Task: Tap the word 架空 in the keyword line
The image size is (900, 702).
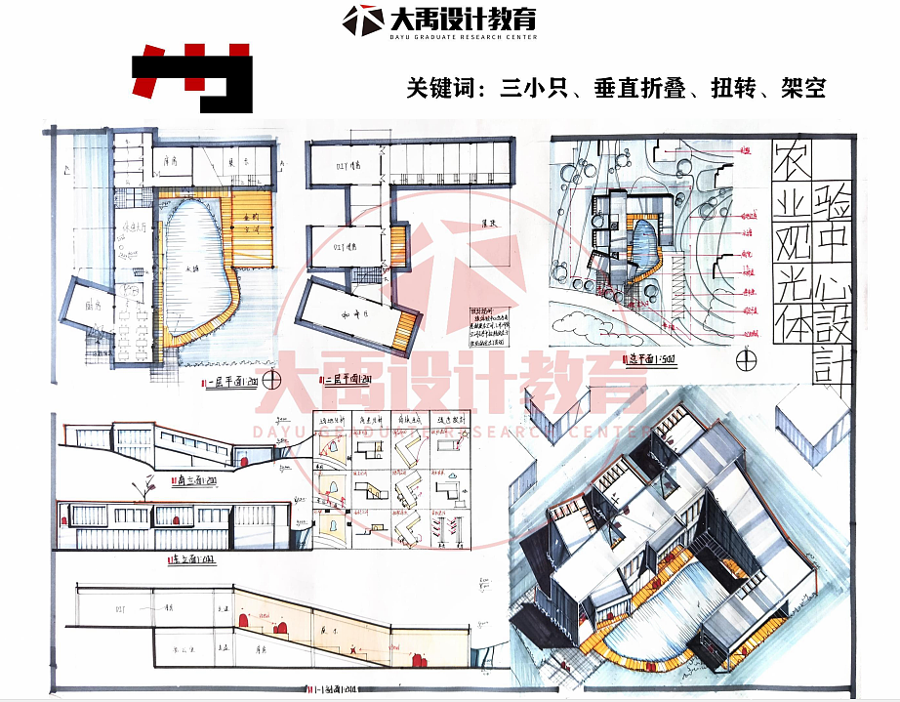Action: click(x=803, y=89)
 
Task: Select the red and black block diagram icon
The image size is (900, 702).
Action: click(x=192, y=77)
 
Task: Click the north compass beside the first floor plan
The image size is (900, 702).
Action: click(x=276, y=377)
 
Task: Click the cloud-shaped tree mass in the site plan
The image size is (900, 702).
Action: click(x=586, y=321)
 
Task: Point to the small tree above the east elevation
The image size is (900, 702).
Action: click(x=148, y=484)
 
